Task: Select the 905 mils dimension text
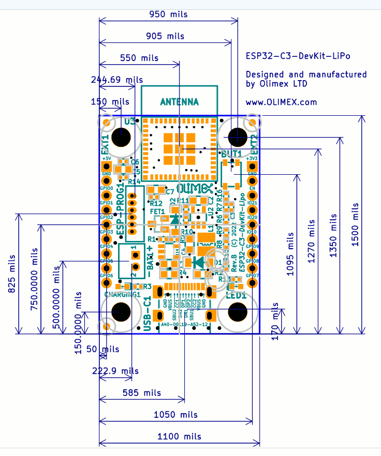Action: click(x=165, y=36)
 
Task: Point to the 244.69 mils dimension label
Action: click(x=116, y=80)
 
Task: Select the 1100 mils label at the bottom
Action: click(x=179, y=436)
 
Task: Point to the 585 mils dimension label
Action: click(x=141, y=393)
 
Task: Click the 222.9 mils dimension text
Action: click(x=115, y=371)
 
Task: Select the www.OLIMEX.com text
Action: click(x=281, y=102)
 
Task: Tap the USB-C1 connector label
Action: click(x=148, y=313)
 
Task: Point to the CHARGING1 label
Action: click(x=123, y=294)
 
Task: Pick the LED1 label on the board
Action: click(x=236, y=296)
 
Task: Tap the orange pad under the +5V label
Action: click(x=107, y=166)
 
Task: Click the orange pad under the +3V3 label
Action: click(x=253, y=166)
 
